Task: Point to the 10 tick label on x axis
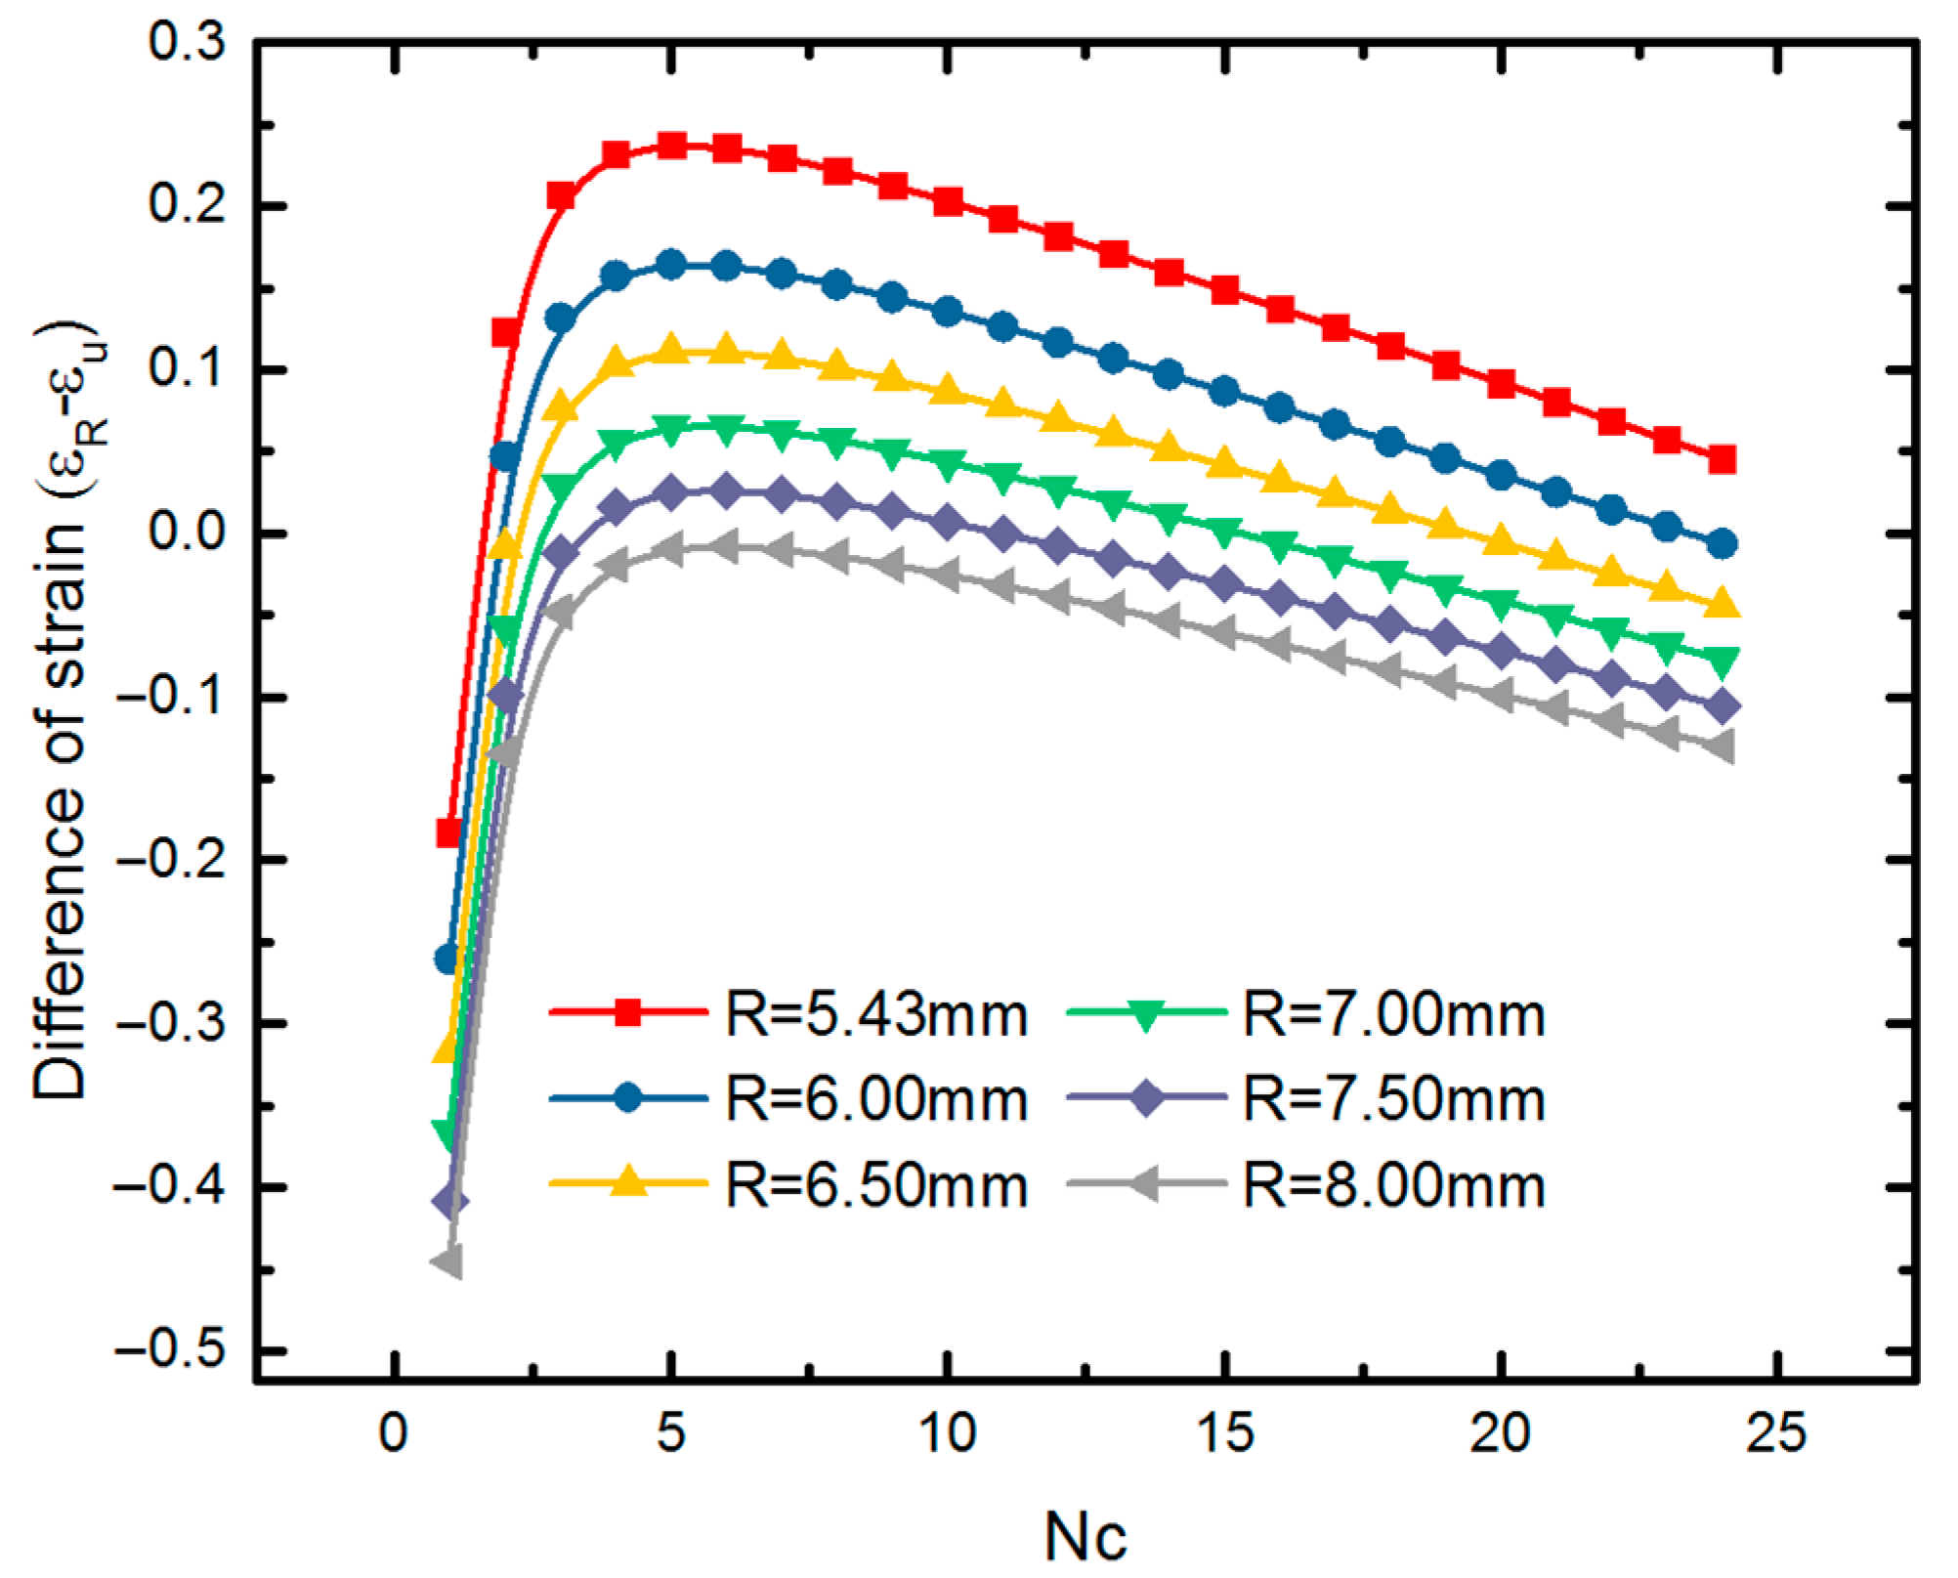(x=947, y=1435)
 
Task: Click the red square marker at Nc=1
(x=448, y=832)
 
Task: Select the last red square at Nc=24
(x=1723, y=459)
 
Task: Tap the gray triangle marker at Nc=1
(x=447, y=1262)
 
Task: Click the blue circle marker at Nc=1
(x=448, y=960)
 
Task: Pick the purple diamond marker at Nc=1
(x=449, y=1201)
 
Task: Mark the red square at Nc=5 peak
(x=671, y=146)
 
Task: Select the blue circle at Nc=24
(x=1724, y=544)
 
